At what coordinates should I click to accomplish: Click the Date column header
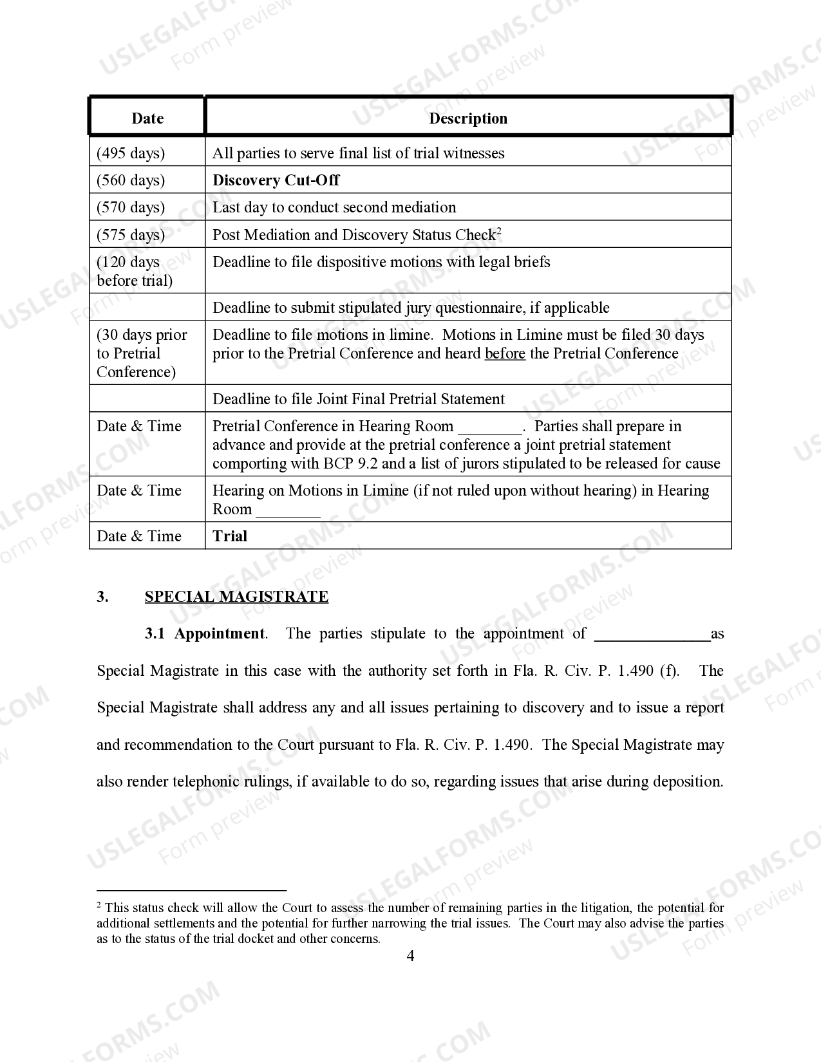click(x=147, y=118)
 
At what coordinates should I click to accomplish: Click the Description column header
click(x=468, y=118)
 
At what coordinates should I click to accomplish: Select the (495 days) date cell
click(x=131, y=153)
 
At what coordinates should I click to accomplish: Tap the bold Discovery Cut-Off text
click(x=276, y=180)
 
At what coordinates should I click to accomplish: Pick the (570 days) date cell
click(x=131, y=207)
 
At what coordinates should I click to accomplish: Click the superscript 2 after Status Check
click(x=499, y=230)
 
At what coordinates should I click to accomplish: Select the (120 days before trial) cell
click(x=135, y=271)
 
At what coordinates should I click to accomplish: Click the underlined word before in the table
click(x=505, y=353)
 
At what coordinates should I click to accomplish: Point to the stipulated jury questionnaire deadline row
click(x=411, y=308)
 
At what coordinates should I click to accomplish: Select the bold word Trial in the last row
click(x=230, y=536)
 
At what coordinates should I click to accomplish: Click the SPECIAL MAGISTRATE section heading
click(x=236, y=597)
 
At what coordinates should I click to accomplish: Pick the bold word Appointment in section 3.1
click(x=220, y=633)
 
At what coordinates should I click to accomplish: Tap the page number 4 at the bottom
click(x=410, y=955)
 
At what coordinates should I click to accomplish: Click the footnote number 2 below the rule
click(x=99, y=906)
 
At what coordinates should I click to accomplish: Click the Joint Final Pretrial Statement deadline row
click(x=359, y=399)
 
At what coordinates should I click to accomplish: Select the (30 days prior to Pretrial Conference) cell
click(x=142, y=353)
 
